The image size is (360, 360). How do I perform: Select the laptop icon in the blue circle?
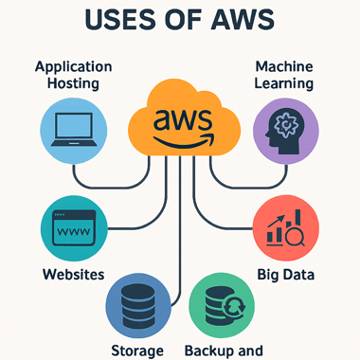[73, 130]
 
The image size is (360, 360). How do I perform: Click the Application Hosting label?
[73, 77]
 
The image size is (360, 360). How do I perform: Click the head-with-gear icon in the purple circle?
[286, 131]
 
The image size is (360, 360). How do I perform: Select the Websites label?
[73, 277]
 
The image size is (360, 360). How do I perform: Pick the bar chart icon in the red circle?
[280, 229]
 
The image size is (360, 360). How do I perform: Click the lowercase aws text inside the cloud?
[180, 119]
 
